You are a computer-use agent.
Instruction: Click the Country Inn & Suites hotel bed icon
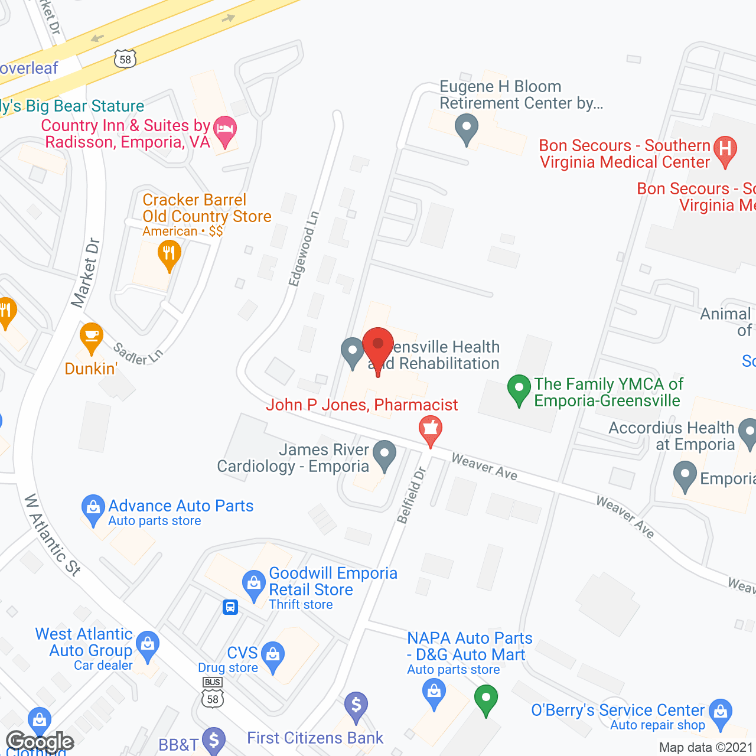[224, 129]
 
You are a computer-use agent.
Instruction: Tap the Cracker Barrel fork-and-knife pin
[170, 255]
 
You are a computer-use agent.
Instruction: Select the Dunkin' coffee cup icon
[92, 336]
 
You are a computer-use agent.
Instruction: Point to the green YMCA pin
[519, 389]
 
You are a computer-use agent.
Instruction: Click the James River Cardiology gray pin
[385, 454]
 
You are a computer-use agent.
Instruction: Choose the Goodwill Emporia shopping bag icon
[254, 584]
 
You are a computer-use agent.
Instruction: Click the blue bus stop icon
[230, 607]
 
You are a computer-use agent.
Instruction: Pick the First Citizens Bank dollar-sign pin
[356, 705]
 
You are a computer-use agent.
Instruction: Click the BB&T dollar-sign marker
[214, 740]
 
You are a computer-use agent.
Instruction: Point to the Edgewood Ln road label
[304, 249]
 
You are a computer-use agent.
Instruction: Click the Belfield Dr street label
[412, 495]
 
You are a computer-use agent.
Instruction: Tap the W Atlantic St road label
[53, 535]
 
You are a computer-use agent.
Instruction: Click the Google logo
[40, 742]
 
